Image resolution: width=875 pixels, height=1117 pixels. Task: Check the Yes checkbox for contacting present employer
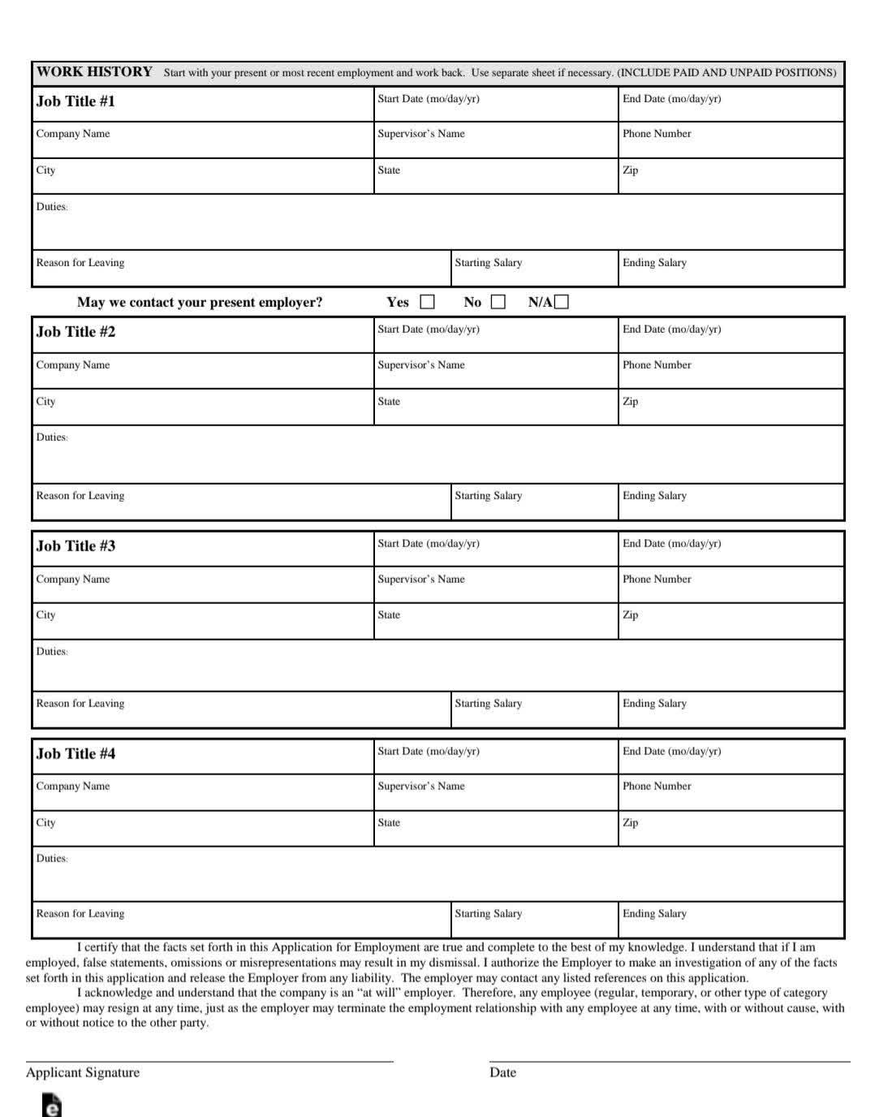(427, 302)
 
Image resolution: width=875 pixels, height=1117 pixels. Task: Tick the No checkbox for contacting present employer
(498, 302)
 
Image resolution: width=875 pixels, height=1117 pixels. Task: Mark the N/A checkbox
(562, 302)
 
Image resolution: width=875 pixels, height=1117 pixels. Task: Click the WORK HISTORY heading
(94, 71)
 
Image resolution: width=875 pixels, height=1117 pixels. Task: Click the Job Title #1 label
(75, 101)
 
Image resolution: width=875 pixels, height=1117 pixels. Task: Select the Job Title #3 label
(75, 546)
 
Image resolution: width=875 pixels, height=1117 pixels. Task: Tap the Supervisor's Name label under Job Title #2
(420, 365)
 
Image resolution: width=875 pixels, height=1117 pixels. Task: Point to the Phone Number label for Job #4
(657, 786)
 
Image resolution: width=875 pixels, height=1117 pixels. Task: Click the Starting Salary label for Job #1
(488, 263)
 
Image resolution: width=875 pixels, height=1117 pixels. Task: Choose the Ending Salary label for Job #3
(654, 704)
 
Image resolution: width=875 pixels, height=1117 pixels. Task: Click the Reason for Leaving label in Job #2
(80, 496)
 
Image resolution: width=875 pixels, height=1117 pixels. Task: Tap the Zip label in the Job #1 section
(630, 170)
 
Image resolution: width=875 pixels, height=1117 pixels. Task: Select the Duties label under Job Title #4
(51, 859)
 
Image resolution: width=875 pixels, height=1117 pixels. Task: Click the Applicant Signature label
(82, 1072)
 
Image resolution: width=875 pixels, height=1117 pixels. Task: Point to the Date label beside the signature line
(502, 1072)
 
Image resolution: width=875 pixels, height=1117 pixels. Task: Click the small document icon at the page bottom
(51, 1106)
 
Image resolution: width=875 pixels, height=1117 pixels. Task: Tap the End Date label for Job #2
(671, 330)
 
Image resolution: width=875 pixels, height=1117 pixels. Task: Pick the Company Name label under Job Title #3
(72, 580)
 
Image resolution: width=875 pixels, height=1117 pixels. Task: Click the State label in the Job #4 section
(388, 823)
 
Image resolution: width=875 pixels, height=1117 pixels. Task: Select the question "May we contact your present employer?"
(200, 303)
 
